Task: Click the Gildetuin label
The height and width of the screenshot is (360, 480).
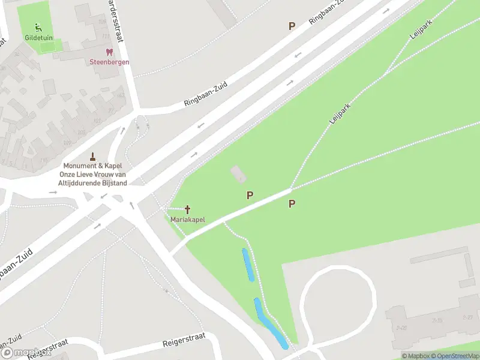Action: [x=38, y=37]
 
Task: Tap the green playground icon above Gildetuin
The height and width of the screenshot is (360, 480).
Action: [x=38, y=26]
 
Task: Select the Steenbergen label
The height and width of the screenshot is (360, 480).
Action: [x=109, y=62]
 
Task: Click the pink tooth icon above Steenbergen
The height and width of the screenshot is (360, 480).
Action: [x=109, y=53]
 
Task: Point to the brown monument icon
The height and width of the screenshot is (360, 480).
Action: [x=93, y=156]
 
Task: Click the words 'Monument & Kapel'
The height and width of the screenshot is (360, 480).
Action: [x=95, y=166]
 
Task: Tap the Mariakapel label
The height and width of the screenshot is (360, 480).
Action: [x=188, y=220]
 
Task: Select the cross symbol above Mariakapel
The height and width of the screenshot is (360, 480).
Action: [x=188, y=209]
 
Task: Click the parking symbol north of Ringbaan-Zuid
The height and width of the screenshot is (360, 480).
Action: [x=292, y=26]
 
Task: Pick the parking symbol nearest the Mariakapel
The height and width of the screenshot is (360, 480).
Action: [x=250, y=195]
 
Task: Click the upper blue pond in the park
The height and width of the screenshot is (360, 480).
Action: [x=248, y=265]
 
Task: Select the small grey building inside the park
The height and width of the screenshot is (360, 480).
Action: [x=238, y=175]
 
